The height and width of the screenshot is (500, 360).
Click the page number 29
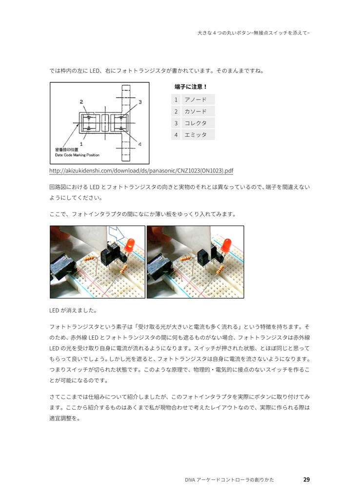click(x=306, y=479)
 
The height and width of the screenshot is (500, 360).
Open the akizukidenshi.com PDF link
click(x=141, y=171)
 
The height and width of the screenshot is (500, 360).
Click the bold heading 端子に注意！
click(x=191, y=87)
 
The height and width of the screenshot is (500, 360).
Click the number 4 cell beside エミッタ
click(x=176, y=135)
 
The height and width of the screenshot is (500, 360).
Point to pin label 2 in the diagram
click(x=81, y=102)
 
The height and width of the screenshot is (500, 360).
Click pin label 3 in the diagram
click(x=140, y=102)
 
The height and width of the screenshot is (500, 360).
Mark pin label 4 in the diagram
click(x=140, y=144)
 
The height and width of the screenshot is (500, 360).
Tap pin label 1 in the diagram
click(x=81, y=144)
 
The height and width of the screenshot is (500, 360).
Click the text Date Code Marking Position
click(x=77, y=155)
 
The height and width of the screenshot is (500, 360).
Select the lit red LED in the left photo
click(x=130, y=246)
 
